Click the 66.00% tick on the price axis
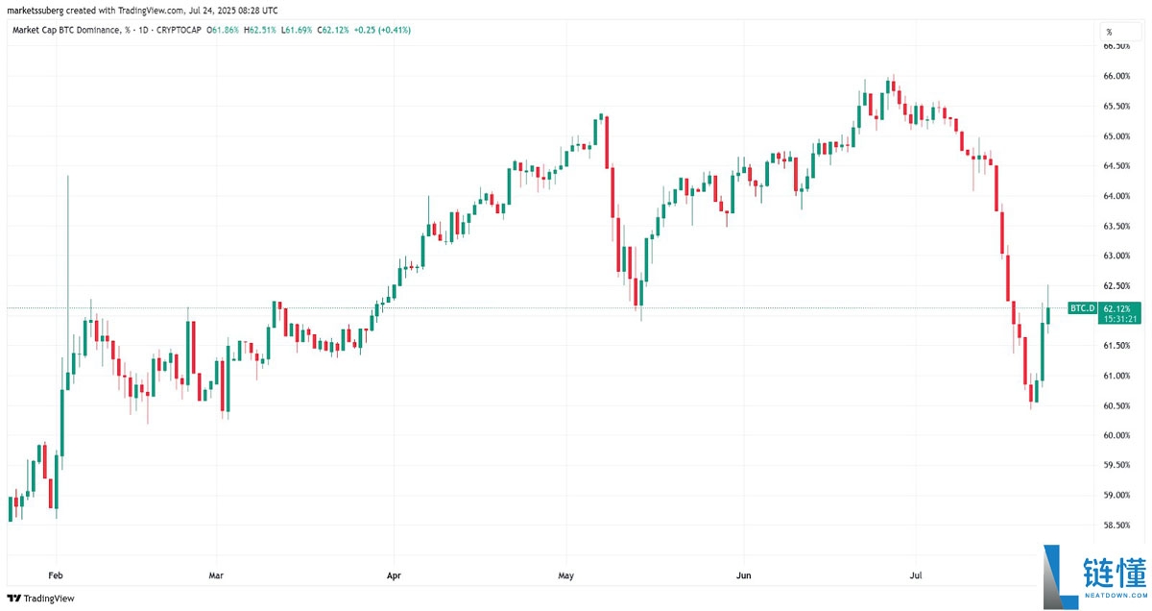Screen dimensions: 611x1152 (x=1115, y=76)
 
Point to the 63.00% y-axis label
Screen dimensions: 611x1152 (x=1115, y=256)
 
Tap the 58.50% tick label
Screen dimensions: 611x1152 (x=1115, y=525)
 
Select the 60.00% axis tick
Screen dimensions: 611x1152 (x=1115, y=435)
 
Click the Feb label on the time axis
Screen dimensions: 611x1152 (x=56, y=575)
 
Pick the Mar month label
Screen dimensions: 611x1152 (x=216, y=575)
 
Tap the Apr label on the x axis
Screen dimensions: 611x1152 (x=393, y=575)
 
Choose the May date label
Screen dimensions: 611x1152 (x=565, y=575)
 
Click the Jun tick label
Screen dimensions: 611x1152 (x=743, y=575)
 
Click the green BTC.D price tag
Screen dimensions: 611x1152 (x=1082, y=307)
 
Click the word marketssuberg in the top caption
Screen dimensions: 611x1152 (x=35, y=10)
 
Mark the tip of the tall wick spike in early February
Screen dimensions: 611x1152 (x=67, y=176)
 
